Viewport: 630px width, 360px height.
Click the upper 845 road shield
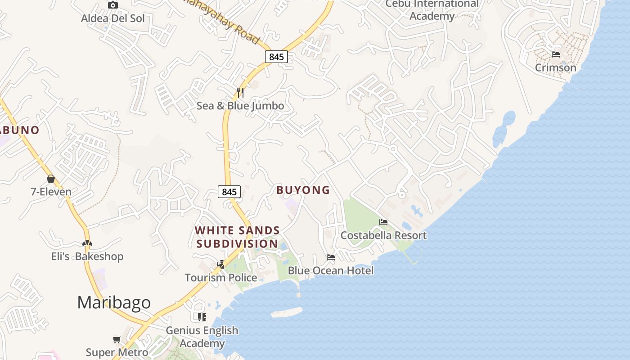pos(276,57)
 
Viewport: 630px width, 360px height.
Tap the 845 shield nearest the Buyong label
pos(229,192)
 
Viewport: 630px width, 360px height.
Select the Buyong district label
pos(303,190)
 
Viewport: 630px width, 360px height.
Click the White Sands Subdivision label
pos(237,237)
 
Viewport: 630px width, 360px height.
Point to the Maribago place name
pos(114,302)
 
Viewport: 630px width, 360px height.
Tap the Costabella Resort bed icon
pos(383,222)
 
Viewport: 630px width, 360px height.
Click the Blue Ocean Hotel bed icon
pos(331,258)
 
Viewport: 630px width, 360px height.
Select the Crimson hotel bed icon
pos(556,54)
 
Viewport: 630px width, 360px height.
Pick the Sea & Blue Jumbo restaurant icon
pos(240,93)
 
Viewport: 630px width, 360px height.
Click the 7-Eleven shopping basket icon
pos(51,179)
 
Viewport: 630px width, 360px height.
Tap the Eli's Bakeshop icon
pos(87,243)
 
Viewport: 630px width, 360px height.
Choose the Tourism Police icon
pos(220,264)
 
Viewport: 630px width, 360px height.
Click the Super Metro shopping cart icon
pos(117,339)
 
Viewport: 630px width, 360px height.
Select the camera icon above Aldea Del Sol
pos(113,5)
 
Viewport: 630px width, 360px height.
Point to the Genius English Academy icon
pos(202,317)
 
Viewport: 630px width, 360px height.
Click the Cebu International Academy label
pos(432,10)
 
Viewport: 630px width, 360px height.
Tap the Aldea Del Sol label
pos(113,18)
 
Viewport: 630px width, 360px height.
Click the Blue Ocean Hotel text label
pos(331,271)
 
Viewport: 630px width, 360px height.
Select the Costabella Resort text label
pos(383,235)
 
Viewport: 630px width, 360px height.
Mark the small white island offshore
pos(286,312)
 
